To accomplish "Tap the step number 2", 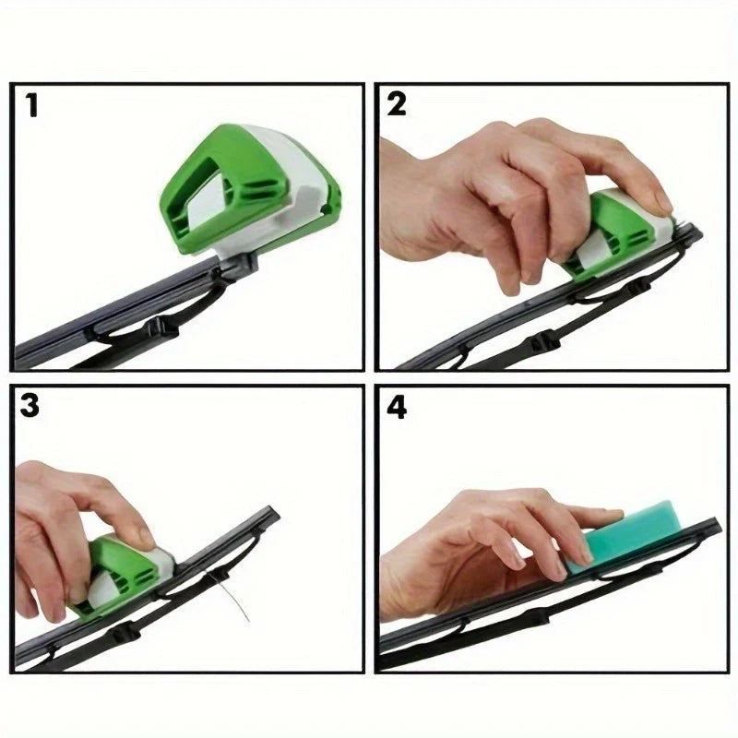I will tap(397, 104).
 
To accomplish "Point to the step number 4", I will tap(397, 408).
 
